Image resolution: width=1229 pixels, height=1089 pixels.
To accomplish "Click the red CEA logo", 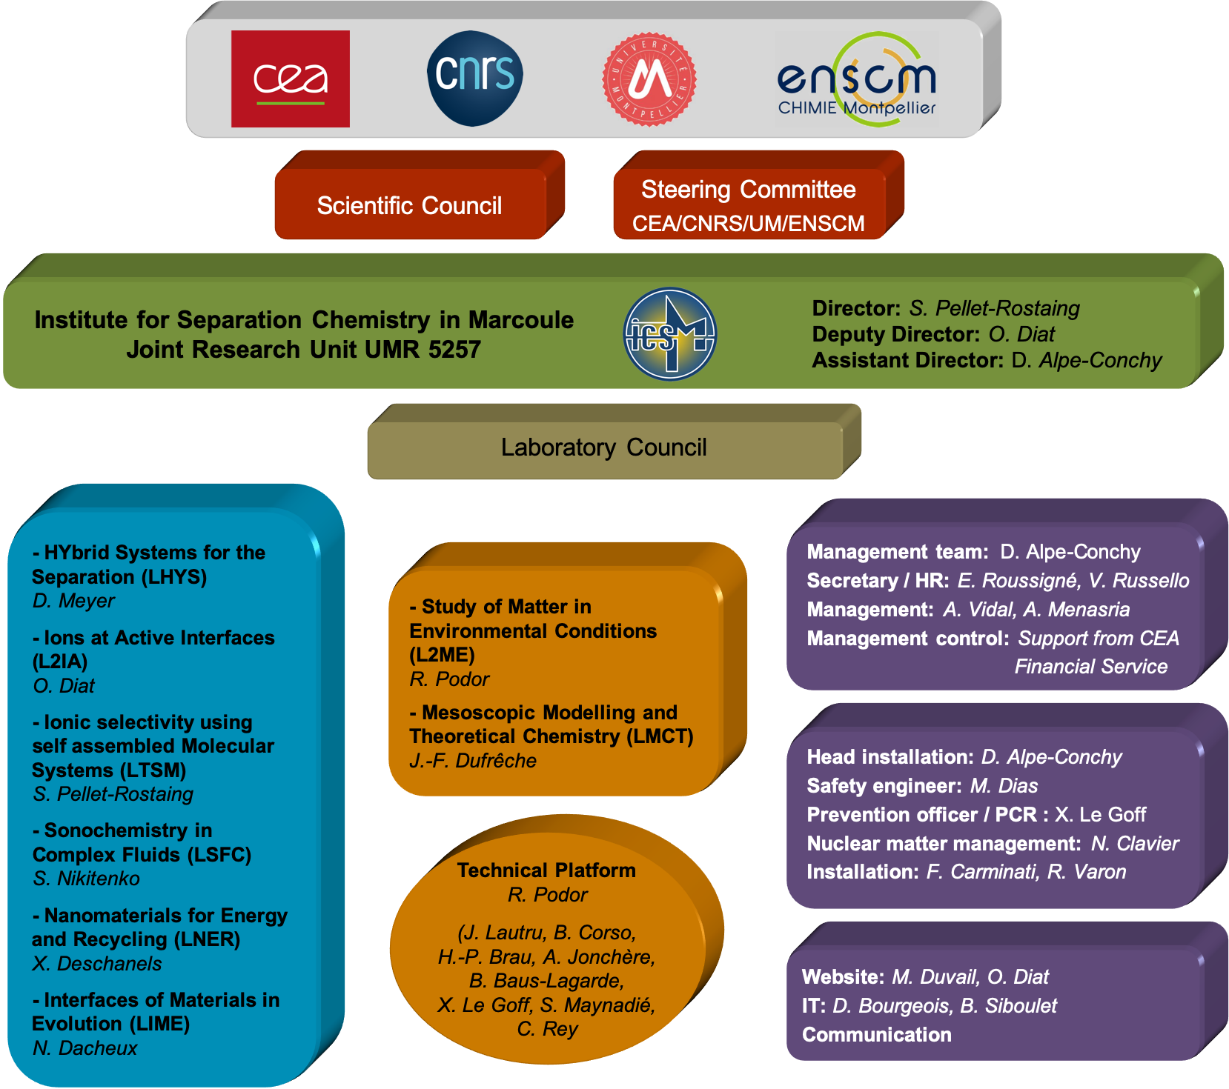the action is (291, 79).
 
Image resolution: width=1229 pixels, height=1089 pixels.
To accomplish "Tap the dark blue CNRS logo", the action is (475, 78).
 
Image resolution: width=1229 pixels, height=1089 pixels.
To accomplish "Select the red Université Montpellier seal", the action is (649, 79).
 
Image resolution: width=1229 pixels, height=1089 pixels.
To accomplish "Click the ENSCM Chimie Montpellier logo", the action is (857, 79).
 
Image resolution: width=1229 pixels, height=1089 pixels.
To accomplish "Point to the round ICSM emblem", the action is (670, 334).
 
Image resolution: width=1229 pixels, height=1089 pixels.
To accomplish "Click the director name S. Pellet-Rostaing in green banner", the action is (994, 308).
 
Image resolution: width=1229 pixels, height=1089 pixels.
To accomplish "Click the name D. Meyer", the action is (73, 601).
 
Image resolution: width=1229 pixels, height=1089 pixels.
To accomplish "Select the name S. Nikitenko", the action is (86, 879).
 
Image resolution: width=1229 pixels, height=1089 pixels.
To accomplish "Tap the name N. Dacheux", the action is (85, 1048).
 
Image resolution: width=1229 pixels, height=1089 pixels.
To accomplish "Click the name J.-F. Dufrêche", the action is (473, 761).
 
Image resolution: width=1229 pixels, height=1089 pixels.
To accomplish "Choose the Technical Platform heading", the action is (546, 870).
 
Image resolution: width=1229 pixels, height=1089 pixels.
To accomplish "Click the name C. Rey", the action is (547, 1029).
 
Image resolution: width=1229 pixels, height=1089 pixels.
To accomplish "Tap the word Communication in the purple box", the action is (877, 1035).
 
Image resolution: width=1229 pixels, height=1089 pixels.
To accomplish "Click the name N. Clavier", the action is (1135, 844).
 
